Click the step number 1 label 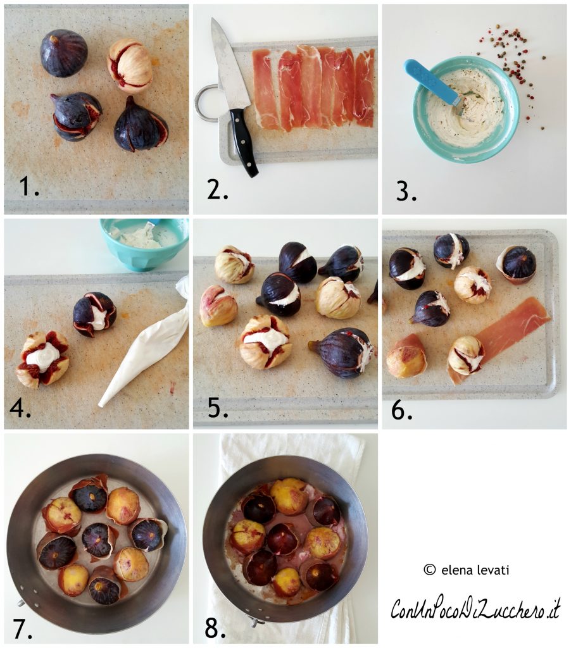coord(29,186)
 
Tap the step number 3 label coord(406,191)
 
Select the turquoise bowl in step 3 coord(466,109)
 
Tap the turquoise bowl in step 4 coord(144,244)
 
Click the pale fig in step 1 coord(130,65)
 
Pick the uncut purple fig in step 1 coord(64,53)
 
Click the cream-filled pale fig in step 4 coord(42,359)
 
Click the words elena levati coord(475,570)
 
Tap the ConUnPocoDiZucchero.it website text coord(475,608)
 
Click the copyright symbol coord(430,570)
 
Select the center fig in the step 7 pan coord(97,540)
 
